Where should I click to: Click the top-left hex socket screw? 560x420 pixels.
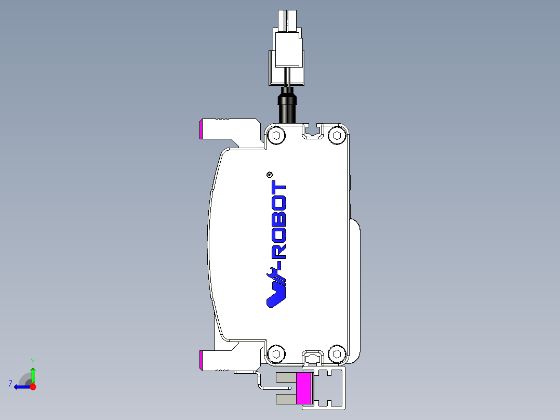click(276, 136)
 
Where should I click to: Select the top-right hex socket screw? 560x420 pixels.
click(338, 136)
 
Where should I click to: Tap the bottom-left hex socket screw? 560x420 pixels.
click(276, 354)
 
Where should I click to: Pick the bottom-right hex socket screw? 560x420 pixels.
click(338, 355)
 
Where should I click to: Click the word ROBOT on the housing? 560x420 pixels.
click(279, 221)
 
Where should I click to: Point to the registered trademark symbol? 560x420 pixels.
click(270, 175)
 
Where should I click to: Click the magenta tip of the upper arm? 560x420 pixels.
click(201, 129)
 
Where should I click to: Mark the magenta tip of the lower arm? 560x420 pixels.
click(201, 360)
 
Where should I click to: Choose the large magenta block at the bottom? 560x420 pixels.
click(304, 388)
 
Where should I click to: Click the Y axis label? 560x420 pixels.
click(32, 361)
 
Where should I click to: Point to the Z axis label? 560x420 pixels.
click(10, 384)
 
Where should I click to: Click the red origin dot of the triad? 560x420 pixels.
click(33, 387)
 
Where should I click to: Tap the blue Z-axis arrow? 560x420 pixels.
click(22, 387)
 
